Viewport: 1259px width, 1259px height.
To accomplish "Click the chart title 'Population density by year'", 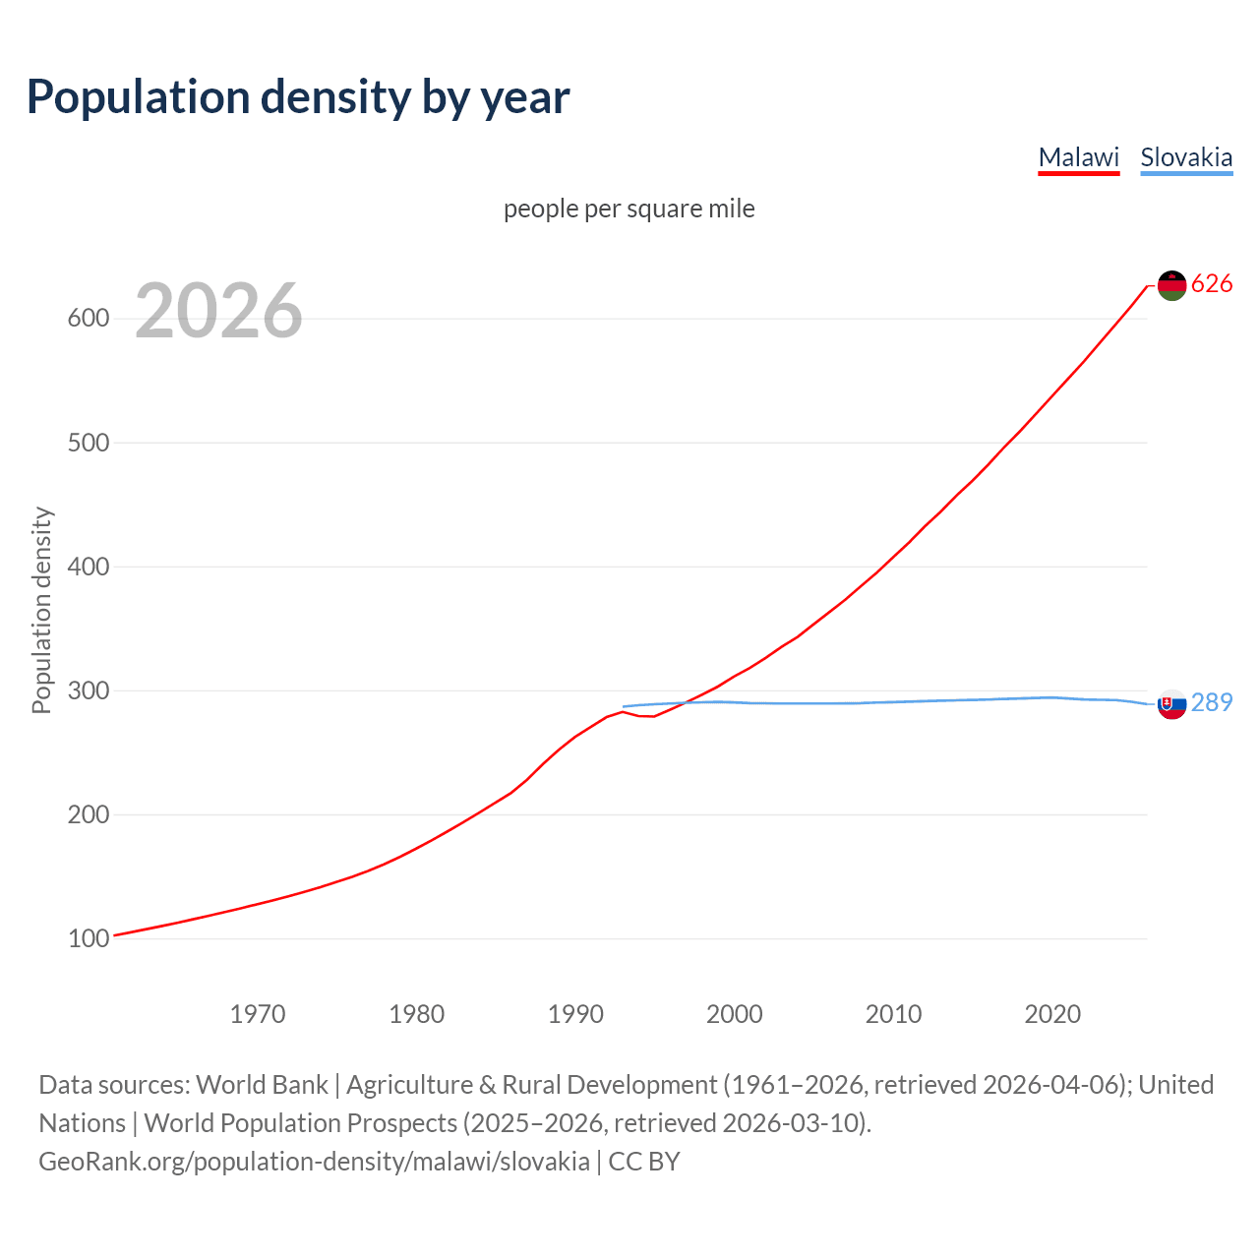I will [298, 97].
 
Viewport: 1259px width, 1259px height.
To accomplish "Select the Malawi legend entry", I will [1078, 157].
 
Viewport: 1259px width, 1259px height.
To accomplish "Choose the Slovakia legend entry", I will [1185, 157].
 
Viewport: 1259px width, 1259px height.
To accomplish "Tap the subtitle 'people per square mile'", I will [629, 209].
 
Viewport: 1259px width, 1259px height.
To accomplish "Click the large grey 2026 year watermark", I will [218, 311].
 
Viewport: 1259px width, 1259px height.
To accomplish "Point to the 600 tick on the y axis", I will [88, 319].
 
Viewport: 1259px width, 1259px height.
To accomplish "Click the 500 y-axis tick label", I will [88, 443].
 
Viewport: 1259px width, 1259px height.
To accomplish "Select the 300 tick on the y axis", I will [88, 690].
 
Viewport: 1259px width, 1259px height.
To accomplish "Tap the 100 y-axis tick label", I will [88, 938].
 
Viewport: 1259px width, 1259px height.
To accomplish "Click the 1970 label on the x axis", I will [258, 1013].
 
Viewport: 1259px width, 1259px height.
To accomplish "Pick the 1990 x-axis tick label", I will [575, 1013].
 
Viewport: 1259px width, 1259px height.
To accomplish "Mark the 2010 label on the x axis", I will [893, 1013].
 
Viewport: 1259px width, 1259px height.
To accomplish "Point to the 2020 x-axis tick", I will [1052, 1013].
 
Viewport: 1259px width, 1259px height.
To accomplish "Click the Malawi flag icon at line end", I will [1171, 285].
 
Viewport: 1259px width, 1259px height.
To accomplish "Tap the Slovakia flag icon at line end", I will [1171, 703].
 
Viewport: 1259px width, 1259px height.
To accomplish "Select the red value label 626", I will [1212, 284].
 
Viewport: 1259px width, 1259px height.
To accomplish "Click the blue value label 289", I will [1212, 702].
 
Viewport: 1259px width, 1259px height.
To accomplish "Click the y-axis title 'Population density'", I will [41, 610].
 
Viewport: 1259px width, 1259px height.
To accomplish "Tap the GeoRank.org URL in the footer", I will [315, 1162].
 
